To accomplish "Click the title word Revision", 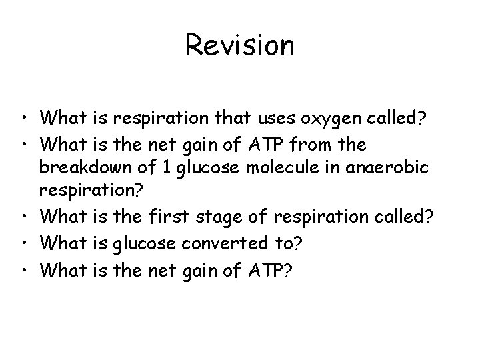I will (239, 45).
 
